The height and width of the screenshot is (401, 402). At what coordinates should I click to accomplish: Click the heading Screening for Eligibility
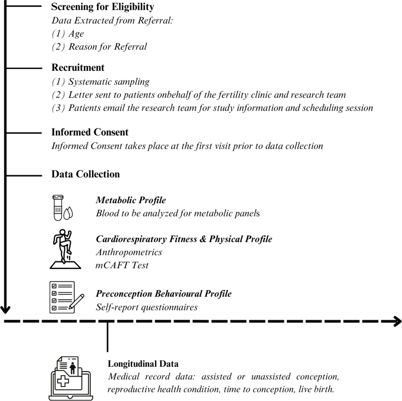103,7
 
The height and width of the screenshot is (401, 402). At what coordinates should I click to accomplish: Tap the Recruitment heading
78,68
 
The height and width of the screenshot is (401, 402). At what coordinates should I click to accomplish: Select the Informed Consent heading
90,132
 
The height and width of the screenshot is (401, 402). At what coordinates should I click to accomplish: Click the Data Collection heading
85,174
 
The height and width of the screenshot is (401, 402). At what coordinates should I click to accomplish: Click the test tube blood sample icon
62,207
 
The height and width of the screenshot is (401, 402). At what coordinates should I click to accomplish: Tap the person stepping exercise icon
65,249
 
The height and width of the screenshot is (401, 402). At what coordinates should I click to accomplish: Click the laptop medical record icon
71,378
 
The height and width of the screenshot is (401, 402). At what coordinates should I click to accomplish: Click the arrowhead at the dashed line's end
397,321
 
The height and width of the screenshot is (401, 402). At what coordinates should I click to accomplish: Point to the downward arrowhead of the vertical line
5,309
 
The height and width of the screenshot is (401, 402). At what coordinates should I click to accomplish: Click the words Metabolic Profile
131,200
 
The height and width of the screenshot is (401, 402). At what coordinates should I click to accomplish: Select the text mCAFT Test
122,265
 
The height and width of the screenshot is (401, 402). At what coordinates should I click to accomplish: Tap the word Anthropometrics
129,252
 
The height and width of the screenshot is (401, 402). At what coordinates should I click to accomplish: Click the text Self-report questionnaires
147,307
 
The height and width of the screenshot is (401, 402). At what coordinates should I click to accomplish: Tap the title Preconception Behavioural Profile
164,294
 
